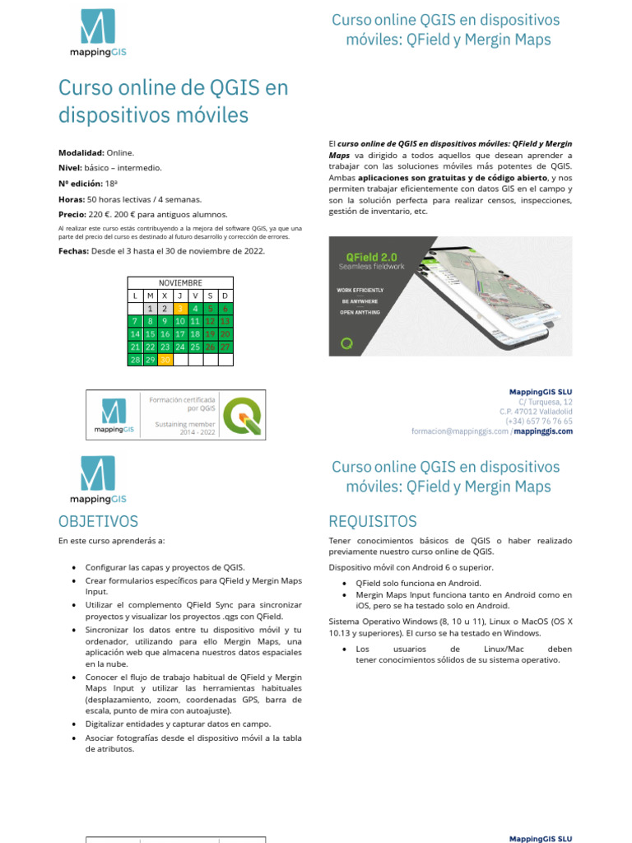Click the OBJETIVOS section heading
[x=98, y=521]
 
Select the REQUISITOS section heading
[x=372, y=521]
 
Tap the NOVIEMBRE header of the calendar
[x=179, y=282]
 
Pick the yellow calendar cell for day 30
[x=165, y=360]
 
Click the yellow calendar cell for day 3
[x=179, y=308]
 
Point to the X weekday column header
[x=165, y=296]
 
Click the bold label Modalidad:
[x=81, y=153]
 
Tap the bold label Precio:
[x=72, y=214]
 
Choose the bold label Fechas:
[x=73, y=251]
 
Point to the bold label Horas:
[x=71, y=199]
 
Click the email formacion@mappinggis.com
[x=459, y=431]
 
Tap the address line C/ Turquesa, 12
[x=545, y=401]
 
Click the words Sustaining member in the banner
[x=185, y=424]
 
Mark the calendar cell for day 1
[x=149, y=308]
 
